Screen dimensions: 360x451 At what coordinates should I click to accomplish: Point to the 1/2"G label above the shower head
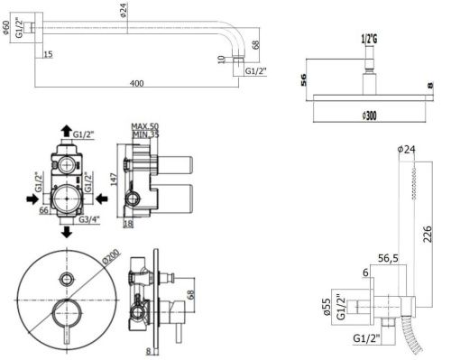[x=369, y=38]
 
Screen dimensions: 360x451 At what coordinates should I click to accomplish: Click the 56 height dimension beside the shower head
[x=303, y=82]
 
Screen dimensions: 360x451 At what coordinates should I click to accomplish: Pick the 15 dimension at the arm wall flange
[x=46, y=54]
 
